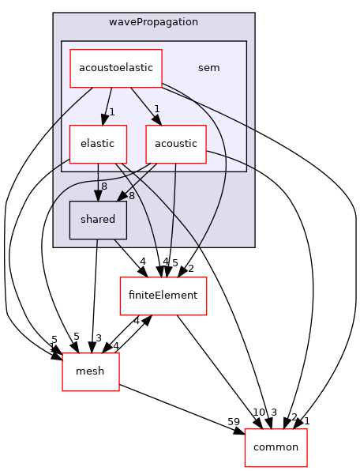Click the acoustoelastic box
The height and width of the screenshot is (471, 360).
click(116, 69)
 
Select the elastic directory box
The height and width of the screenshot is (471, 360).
click(98, 144)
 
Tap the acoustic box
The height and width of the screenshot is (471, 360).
click(175, 144)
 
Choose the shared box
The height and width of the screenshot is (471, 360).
click(98, 220)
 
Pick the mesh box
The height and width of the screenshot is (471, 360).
click(90, 371)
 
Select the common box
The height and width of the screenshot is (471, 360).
click(276, 447)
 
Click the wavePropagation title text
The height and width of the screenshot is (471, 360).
click(154, 22)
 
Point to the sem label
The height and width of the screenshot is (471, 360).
click(208, 68)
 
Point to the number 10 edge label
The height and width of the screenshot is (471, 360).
click(258, 412)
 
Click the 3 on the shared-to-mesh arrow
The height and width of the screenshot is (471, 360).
click(99, 338)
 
